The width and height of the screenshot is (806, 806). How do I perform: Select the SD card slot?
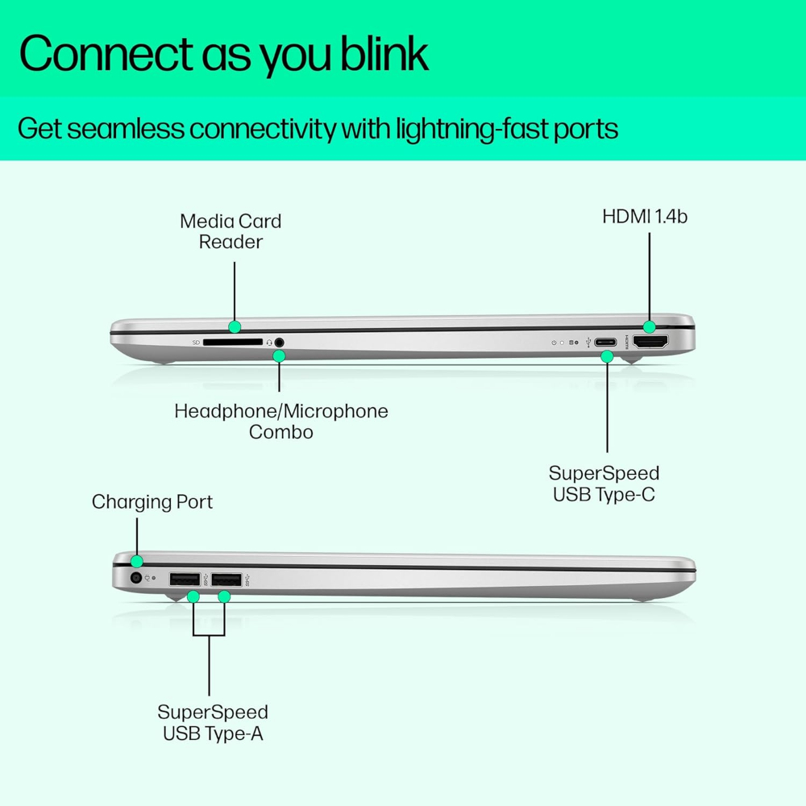(233, 342)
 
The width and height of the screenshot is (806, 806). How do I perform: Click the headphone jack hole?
(280, 342)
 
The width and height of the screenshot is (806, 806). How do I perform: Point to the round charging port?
(136, 578)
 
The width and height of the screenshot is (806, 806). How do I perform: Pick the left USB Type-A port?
(185, 579)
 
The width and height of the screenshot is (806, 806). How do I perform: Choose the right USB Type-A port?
(226, 579)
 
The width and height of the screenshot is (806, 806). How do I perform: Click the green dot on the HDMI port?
(650, 327)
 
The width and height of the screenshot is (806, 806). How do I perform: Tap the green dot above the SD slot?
(235, 326)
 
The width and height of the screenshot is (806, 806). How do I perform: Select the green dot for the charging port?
(137, 561)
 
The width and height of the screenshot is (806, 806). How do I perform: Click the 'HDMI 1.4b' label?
(645, 216)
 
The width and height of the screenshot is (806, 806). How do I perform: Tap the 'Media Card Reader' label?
(231, 231)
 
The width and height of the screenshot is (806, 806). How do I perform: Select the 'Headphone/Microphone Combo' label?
(281, 421)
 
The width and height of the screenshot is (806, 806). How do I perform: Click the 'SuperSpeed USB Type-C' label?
(604, 483)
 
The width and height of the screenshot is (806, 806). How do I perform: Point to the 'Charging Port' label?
(152, 502)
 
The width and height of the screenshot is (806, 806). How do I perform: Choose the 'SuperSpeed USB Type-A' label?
(213, 722)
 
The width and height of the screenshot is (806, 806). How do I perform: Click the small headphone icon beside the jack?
(269, 343)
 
